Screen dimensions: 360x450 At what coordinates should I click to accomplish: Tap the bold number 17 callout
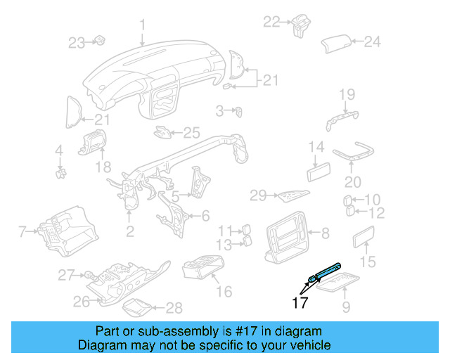coord(299,304)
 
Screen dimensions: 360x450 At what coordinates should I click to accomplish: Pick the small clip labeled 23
coord(99,41)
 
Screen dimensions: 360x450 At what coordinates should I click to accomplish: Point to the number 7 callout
coord(22,230)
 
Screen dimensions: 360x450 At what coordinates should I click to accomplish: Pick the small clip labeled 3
coord(239,110)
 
